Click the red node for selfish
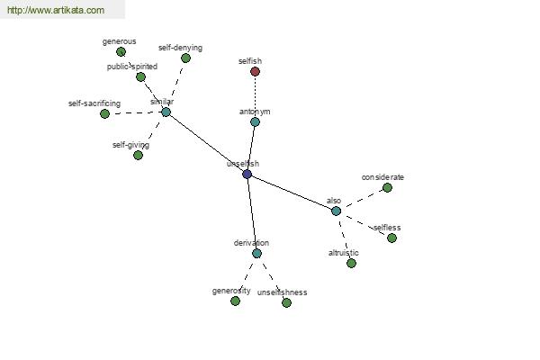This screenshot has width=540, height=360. coord(255,72)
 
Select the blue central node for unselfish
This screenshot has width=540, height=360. coord(247,174)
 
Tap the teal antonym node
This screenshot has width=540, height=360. coord(255,122)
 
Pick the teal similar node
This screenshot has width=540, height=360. coord(166,112)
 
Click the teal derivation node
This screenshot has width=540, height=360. coord(256,254)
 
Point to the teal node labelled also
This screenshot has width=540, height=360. coord(336,211)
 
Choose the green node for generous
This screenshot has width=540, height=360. coord(121,52)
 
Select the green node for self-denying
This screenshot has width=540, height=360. coord(185,58)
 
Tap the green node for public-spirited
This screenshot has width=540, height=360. coord(140,76)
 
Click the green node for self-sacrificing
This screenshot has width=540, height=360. coord(104,113)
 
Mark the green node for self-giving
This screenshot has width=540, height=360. coord(138,156)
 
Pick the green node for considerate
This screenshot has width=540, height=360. coord(387,188)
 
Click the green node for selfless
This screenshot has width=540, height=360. coord(391,238)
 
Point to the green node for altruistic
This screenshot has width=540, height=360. coord(351,263)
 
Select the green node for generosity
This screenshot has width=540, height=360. coord(235,301)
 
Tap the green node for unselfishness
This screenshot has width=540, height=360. coord(286,302)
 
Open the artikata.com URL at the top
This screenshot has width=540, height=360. coord(56,10)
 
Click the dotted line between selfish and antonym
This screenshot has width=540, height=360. coord(255,97)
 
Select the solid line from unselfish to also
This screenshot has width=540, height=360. coord(292,193)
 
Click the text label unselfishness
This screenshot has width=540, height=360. coord(282,292)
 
